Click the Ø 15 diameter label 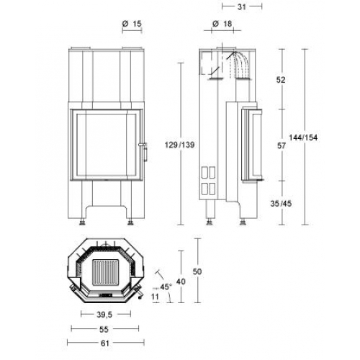(x=132, y=24)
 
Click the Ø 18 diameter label (x=222, y=24)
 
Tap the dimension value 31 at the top (x=242, y=7)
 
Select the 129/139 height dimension (x=179, y=145)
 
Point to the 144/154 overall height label (x=303, y=138)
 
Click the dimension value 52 (x=281, y=80)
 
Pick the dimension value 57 (x=282, y=145)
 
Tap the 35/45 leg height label (x=281, y=204)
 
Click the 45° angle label (x=166, y=287)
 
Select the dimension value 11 (x=156, y=297)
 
